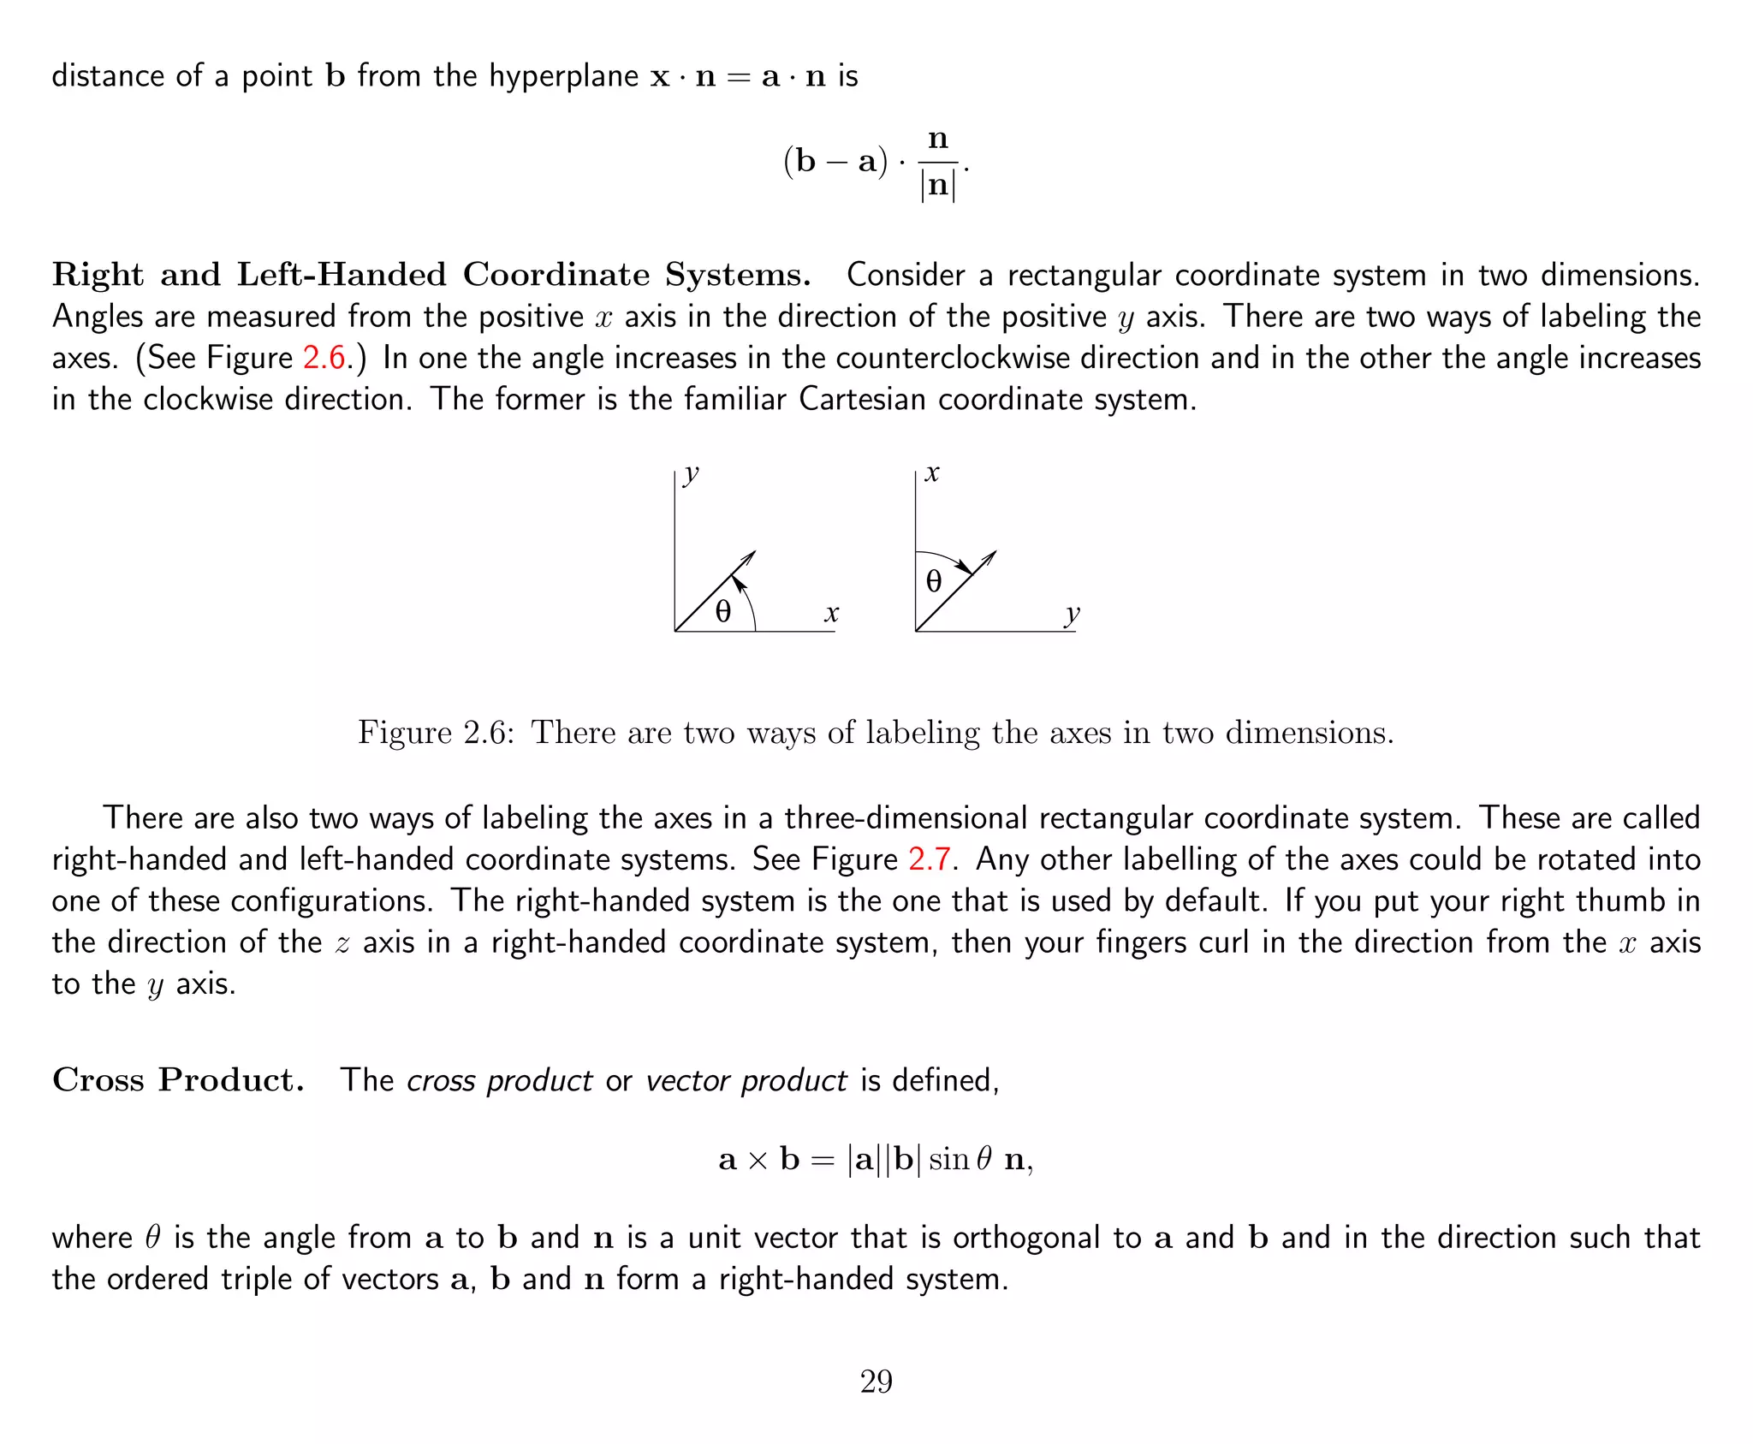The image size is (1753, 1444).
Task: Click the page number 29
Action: [876, 1382]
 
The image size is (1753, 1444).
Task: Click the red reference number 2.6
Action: [324, 358]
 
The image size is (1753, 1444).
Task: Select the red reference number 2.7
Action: [929, 859]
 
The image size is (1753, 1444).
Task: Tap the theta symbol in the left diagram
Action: [723, 611]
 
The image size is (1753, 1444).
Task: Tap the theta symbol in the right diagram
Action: [934, 582]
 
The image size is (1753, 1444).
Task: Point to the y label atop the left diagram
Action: [691, 473]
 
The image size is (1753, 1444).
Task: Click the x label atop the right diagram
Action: [932, 473]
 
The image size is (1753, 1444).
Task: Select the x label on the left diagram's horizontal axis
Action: [831, 613]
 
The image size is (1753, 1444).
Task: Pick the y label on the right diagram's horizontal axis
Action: [1072, 615]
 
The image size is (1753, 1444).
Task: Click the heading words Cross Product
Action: [178, 1080]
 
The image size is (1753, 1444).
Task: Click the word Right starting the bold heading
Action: [98, 275]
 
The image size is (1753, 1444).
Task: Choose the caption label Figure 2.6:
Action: [435, 733]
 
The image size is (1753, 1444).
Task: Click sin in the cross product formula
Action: [948, 1160]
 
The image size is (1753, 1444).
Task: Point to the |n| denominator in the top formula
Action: [938, 185]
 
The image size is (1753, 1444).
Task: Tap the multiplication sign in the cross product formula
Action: [758, 1161]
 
